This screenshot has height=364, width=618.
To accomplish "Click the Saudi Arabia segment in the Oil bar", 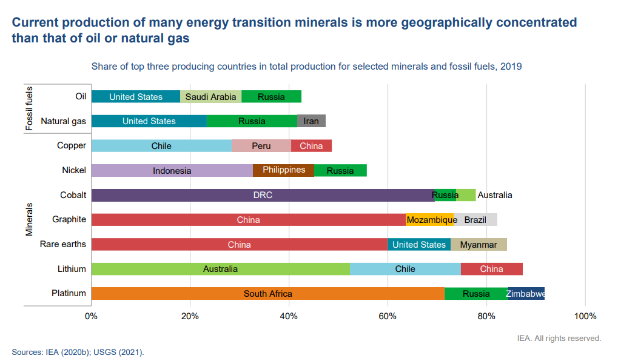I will [x=210, y=97].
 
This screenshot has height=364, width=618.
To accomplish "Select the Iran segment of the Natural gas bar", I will [x=311, y=121].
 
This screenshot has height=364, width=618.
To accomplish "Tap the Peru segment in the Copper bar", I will [x=261, y=146].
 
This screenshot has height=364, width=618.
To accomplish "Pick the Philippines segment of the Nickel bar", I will [x=283, y=170].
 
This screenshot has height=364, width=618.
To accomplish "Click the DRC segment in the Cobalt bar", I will [x=263, y=195].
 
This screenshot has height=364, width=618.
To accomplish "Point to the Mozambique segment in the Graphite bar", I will [x=429, y=220].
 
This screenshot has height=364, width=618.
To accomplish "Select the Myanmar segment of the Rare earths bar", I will [x=479, y=245].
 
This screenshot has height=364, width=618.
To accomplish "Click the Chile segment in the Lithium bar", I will [x=405, y=269].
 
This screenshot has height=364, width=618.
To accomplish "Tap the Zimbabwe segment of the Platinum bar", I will [x=526, y=294].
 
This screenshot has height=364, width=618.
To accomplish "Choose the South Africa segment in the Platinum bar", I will [x=267, y=294].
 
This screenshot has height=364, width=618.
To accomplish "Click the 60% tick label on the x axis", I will [x=387, y=316].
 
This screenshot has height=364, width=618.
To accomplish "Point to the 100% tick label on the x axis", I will [x=585, y=316].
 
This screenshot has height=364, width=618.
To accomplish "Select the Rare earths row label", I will [x=63, y=244].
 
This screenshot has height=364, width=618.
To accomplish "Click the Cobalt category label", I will [x=73, y=195].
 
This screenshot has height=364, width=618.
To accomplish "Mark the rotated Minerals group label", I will [x=29, y=219].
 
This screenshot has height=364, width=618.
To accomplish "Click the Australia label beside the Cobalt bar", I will [x=495, y=195].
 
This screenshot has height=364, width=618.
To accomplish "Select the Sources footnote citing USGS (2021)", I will [x=78, y=352].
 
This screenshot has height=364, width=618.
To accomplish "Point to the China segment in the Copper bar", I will [x=311, y=146].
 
